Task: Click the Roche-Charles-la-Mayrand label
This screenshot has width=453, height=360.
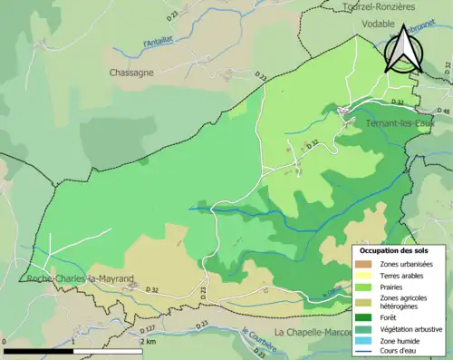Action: (81, 279)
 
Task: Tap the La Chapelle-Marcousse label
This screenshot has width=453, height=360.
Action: (313, 332)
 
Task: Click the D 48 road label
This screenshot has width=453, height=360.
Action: (443, 112)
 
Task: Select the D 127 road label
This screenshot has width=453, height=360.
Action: (149, 328)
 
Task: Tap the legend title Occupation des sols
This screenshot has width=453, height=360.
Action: (396, 250)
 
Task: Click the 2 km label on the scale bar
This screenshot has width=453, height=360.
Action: (148, 343)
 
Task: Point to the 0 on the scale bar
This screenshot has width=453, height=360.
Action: (6, 343)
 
